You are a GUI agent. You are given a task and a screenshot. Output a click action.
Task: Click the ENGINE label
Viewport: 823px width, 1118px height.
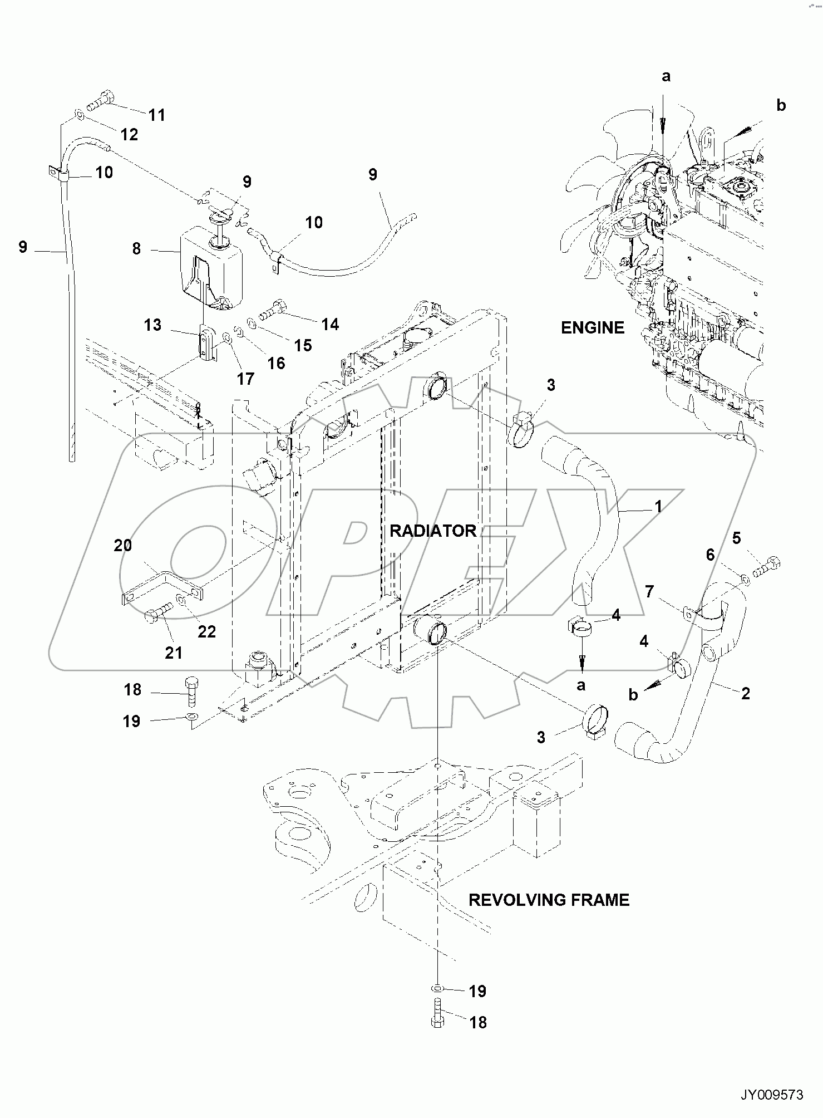tap(592, 328)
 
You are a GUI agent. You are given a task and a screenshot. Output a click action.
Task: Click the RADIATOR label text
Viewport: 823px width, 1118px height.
tap(432, 531)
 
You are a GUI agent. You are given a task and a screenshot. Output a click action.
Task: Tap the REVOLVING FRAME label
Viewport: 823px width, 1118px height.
tap(549, 900)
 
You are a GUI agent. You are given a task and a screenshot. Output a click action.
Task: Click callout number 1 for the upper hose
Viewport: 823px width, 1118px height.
tap(658, 507)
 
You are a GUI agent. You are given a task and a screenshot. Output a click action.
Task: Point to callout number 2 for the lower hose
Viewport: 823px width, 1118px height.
tap(745, 693)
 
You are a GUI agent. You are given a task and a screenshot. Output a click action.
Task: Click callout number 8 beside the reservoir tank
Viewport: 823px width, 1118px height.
tap(136, 248)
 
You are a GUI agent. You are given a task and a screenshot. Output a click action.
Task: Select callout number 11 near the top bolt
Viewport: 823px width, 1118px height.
tap(157, 115)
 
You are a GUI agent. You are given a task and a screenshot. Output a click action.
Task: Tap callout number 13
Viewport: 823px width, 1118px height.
tap(152, 325)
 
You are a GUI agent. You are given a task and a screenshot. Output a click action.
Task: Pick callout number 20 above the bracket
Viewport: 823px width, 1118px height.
tap(123, 545)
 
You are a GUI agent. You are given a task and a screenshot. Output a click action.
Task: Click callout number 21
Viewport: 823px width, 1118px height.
tap(174, 652)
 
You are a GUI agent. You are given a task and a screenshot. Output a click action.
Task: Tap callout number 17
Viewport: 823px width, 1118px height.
tap(245, 379)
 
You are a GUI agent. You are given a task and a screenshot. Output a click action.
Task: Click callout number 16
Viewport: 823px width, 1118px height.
tap(276, 363)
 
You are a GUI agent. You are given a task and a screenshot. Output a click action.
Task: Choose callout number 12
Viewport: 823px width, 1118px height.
tap(129, 134)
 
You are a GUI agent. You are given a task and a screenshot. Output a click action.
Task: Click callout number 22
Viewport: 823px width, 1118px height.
tap(206, 631)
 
